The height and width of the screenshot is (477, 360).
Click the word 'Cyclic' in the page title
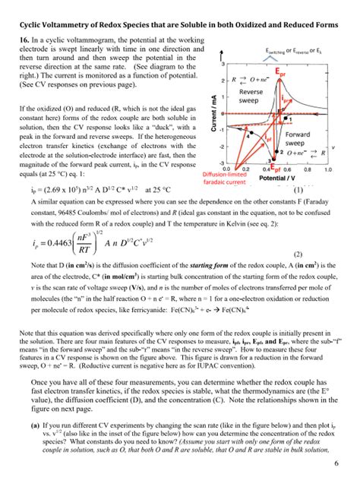click(x=27, y=8)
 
